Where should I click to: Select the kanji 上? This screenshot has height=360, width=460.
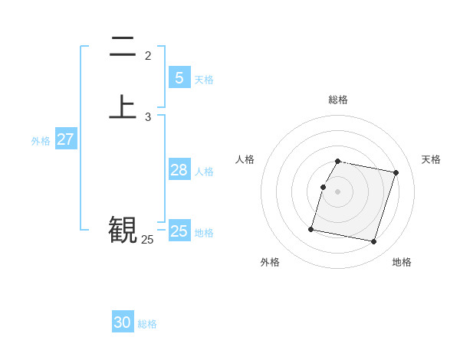pyautogui.click(x=123, y=107)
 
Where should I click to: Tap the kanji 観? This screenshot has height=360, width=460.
pyautogui.click(x=123, y=229)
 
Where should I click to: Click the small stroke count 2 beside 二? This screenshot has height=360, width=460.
pyautogui.click(x=148, y=56)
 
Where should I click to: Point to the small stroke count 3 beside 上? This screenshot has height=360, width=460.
pyautogui.click(x=148, y=117)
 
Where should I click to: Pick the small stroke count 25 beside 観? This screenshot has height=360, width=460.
pyautogui.click(x=147, y=240)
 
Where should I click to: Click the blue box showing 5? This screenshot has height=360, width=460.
pyautogui.click(x=179, y=77)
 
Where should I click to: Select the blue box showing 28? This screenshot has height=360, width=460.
pyautogui.click(x=179, y=170)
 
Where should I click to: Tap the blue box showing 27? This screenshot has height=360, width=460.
pyautogui.click(x=66, y=139)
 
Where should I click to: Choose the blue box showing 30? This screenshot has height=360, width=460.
pyautogui.click(x=123, y=322)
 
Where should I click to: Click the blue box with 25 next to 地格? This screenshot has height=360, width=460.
pyautogui.click(x=179, y=231)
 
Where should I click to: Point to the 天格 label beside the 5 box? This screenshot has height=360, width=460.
pyautogui.click(x=204, y=80)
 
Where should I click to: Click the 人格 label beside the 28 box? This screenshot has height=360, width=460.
pyautogui.click(x=204, y=172)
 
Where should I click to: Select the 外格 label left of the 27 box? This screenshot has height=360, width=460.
pyautogui.click(x=41, y=141)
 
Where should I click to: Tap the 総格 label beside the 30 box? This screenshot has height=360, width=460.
pyautogui.click(x=147, y=324)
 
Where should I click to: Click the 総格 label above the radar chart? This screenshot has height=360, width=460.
pyautogui.click(x=338, y=100)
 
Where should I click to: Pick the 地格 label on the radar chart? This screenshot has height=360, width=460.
pyautogui.click(x=402, y=262)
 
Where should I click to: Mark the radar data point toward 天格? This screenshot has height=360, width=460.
pyautogui.click(x=396, y=172)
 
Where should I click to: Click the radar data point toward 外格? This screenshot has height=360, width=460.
pyautogui.click(x=311, y=229)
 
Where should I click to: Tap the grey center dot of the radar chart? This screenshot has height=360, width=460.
pyautogui.click(x=338, y=191)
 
